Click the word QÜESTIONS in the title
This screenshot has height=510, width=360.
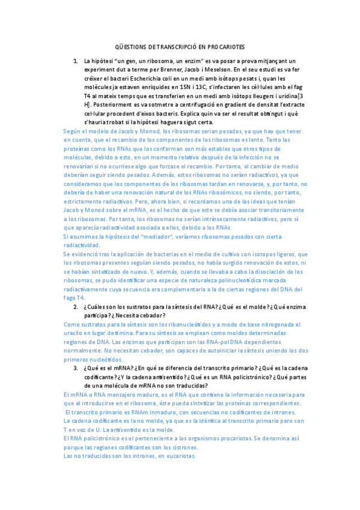point(130,47)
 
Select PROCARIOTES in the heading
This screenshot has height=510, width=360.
point(225,47)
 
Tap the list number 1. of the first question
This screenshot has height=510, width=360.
point(76,61)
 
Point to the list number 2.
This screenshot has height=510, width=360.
point(76,307)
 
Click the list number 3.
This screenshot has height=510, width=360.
point(76,368)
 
